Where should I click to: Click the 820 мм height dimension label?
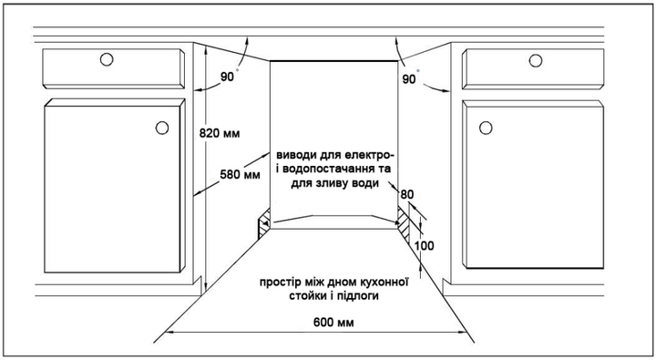[220, 134]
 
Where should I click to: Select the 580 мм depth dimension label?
[240, 174]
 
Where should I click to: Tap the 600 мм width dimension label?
[333, 323]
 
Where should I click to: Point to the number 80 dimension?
[406, 195]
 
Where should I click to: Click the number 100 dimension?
[425, 246]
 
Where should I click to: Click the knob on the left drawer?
[107, 60]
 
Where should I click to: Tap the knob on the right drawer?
[536, 61]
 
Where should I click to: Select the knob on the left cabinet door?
[162, 128]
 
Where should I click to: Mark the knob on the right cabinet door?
[486, 128]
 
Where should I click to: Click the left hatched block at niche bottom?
[264, 224]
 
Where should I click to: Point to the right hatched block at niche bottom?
[403, 224]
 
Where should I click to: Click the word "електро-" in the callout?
[370, 155]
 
